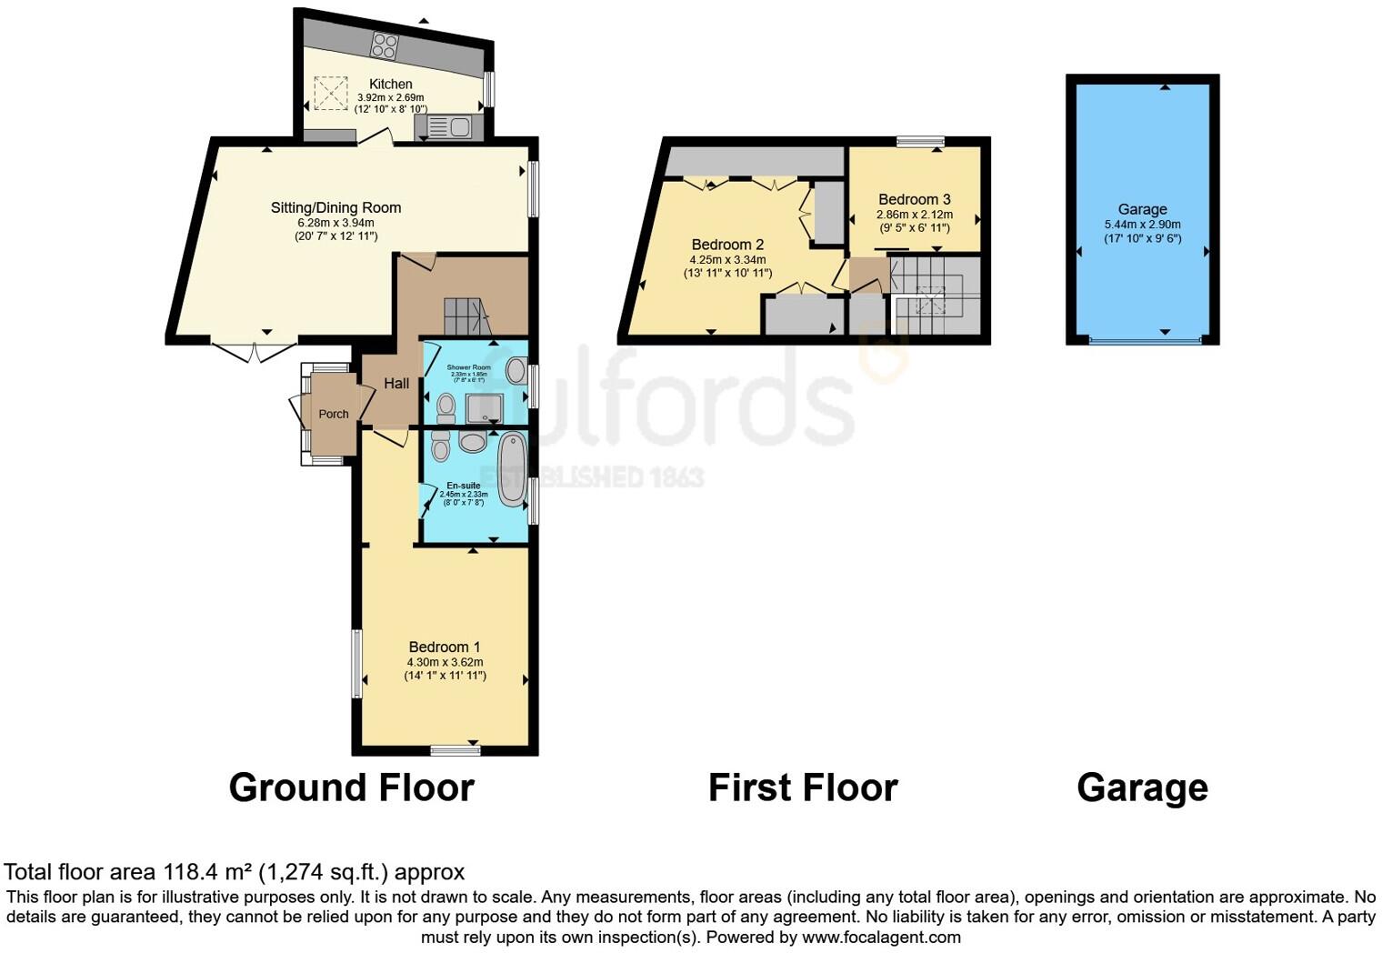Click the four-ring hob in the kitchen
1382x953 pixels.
pyautogui.click(x=385, y=45)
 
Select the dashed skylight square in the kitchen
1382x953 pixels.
pyautogui.click(x=331, y=93)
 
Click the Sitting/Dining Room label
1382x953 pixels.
pyautogui.click(x=335, y=207)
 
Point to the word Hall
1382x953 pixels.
pyautogui.click(x=396, y=384)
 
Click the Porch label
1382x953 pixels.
pyautogui.click(x=334, y=414)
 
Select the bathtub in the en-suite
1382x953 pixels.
pyautogui.click(x=513, y=468)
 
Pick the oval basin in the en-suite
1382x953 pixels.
pyautogui.click(x=473, y=443)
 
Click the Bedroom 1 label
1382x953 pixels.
pyautogui.click(x=445, y=647)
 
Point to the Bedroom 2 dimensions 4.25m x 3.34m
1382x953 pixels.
pyautogui.click(x=727, y=259)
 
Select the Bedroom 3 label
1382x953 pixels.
pyautogui.click(x=914, y=199)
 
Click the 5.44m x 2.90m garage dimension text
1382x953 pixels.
pyautogui.click(x=1142, y=225)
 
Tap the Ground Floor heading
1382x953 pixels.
pyautogui.click(x=352, y=787)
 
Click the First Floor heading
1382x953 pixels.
pyautogui.click(x=803, y=787)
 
